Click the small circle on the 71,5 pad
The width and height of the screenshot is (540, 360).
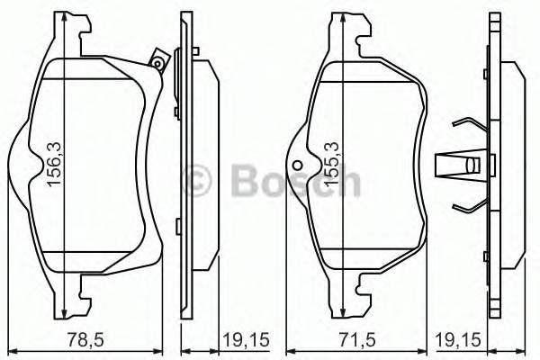tap(298, 164)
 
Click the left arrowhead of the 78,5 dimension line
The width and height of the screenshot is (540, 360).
tap(10, 350)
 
